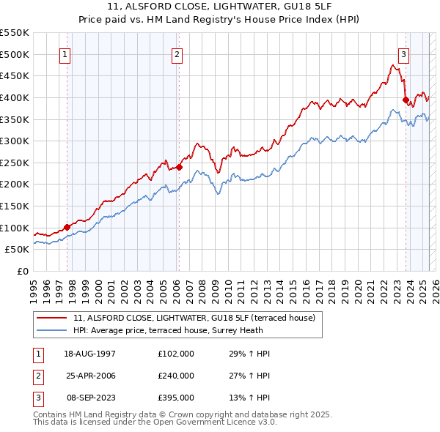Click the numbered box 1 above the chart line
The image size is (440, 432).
(66, 53)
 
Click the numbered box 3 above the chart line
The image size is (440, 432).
(403, 53)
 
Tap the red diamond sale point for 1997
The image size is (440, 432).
(67, 227)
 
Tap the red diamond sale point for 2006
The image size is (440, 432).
(179, 167)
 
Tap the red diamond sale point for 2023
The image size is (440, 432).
(406, 100)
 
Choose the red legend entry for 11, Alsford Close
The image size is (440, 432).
(194, 318)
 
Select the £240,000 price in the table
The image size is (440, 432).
(176, 376)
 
